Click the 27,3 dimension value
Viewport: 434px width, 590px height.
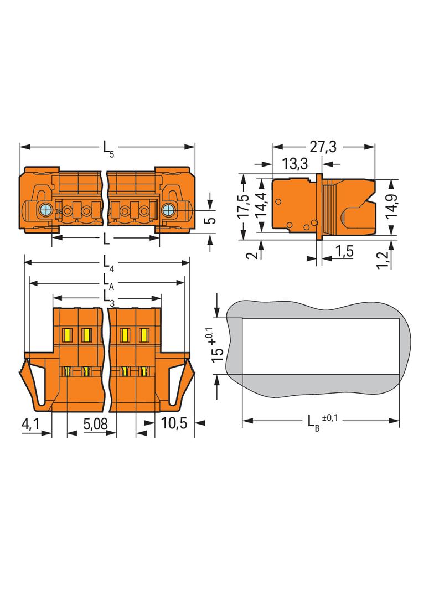[323, 146]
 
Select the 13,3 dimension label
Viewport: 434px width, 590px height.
[294, 164]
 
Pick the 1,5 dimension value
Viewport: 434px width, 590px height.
[344, 251]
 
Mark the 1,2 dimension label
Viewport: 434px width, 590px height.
[383, 260]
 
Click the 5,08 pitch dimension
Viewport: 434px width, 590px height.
[95, 424]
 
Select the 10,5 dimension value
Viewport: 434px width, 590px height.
[174, 423]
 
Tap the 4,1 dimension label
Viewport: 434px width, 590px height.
[30, 425]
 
